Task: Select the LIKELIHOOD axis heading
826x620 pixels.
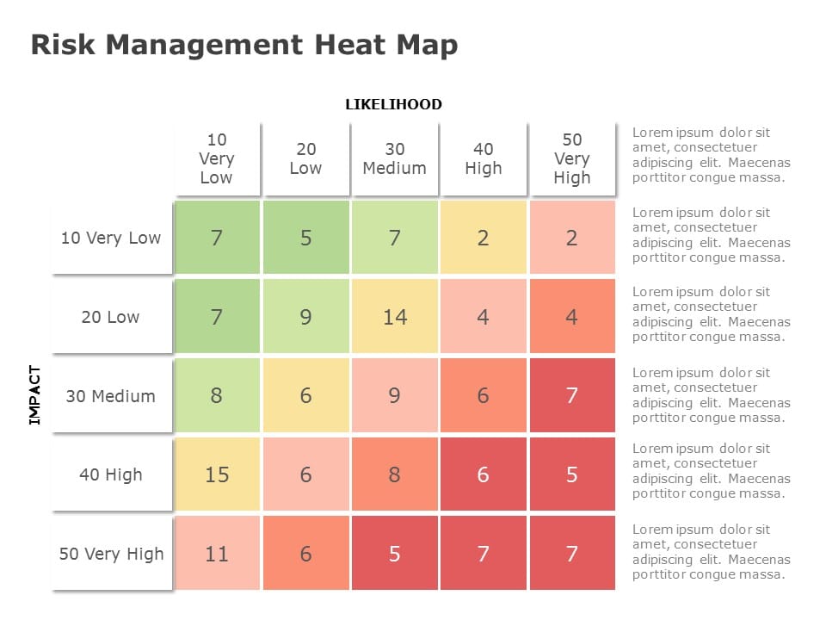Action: pos(393,104)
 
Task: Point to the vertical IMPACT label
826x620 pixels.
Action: pos(34,395)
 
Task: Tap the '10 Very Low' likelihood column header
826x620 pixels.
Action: pos(217,158)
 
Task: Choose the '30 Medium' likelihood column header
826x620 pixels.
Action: pos(394,158)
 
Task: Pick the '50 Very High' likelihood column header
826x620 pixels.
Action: pos(571,158)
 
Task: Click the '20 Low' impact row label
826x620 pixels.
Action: pos(111,317)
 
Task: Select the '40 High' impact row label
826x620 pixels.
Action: pos(111,474)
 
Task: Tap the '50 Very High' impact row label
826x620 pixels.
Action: pos(111,554)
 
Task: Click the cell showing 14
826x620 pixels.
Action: pos(394,317)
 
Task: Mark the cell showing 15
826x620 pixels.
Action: pos(217,474)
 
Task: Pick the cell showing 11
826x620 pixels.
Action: pos(217,554)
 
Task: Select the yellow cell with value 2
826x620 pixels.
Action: pos(483,238)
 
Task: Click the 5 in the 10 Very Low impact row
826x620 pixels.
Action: pos(305,238)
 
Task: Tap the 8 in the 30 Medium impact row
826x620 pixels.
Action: pos(217,396)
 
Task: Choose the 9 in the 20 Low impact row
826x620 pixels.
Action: pos(305,317)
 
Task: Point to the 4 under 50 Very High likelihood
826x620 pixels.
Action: pos(571,317)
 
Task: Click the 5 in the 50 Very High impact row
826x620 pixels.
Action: pos(394,554)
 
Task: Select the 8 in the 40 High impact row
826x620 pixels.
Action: pos(394,474)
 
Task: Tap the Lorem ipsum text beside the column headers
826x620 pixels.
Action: pos(711,155)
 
